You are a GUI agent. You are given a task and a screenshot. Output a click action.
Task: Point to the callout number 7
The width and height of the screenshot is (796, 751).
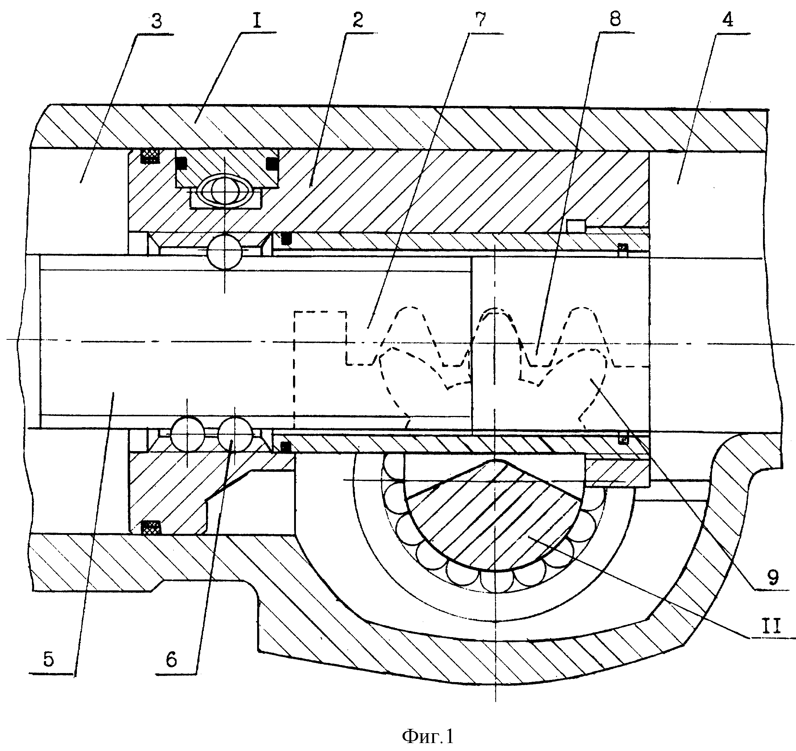click(x=480, y=20)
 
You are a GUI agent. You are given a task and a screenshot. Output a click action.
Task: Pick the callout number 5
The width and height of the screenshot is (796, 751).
click(x=49, y=659)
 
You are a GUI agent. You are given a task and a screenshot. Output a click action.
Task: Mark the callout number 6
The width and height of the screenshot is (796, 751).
click(x=172, y=659)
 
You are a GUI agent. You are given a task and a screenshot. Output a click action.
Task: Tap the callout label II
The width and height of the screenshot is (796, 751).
click(x=771, y=626)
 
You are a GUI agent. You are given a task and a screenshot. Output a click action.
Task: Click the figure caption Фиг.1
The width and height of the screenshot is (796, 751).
click(x=428, y=736)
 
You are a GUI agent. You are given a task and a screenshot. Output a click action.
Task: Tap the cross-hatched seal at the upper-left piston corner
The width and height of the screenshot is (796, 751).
click(x=150, y=156)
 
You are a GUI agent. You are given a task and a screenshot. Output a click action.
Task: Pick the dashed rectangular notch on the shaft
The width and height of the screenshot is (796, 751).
click(x=321, y=368)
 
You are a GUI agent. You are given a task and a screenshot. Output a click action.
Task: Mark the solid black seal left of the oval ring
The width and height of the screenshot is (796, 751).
click(x=181, y=162)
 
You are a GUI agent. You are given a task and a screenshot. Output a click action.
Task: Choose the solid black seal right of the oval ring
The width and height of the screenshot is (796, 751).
click(x=272, y=162)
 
